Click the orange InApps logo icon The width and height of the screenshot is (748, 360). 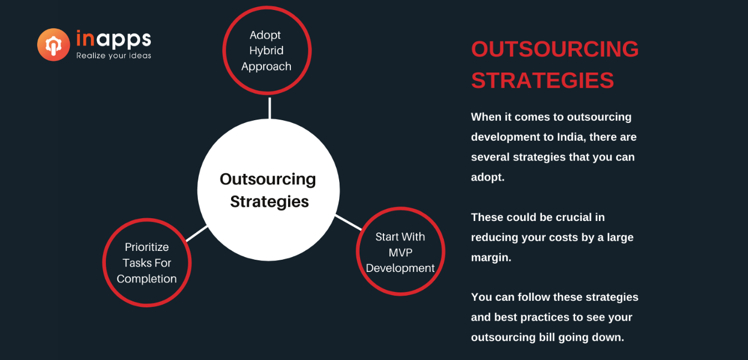coord(53,44)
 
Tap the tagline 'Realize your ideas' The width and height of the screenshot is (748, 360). coord(114,56)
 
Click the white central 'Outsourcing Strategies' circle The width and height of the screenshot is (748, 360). coord(269,190)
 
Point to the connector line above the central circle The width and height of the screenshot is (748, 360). coord(269,108)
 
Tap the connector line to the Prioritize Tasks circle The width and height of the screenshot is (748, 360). coord(197,234)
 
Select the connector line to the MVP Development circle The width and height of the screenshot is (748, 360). coord(349,223)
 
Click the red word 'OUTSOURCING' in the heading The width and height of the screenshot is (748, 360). coord(555,49)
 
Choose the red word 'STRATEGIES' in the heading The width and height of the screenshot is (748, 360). coord(542,80)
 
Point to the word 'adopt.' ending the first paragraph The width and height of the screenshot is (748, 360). coord(488,177)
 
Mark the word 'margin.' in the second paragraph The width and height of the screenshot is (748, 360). coord(491,257)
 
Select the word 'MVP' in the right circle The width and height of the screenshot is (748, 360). coord(401,253)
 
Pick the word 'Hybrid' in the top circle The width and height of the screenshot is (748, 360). coord(266,51)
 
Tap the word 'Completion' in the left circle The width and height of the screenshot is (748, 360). coord(147,279)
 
